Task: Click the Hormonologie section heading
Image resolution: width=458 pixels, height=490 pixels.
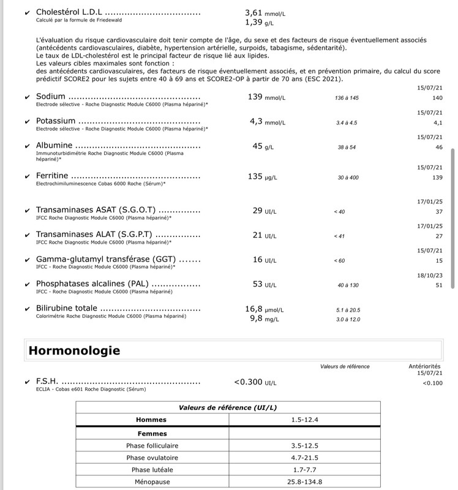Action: click(x=74, y=350)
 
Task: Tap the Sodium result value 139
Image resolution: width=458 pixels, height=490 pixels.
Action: click(x=255, y=97)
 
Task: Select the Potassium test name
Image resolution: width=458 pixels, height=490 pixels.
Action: click(x=56, y=121)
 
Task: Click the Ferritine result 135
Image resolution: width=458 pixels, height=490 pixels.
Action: click(x=255, y=177)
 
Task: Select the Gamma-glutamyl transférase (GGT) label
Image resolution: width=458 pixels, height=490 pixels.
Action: click(x=110, y=260)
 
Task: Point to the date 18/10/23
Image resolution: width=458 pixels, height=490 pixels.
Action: click(x=429, y=275)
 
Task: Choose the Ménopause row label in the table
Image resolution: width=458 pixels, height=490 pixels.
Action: click(x=152, y=482)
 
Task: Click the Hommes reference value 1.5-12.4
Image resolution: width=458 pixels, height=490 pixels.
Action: click(x=304, y=420)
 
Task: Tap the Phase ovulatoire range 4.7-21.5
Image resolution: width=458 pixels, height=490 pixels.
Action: click(x=304, y=458)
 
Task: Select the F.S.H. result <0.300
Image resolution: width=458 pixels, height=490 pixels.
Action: click(x=249, y=383)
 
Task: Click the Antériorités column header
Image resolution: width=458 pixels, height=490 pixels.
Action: click(x=424, y=366)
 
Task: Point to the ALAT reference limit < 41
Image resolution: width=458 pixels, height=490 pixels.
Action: click(x=340, y=236)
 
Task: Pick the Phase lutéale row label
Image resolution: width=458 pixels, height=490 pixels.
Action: click(x=152, y=470)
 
